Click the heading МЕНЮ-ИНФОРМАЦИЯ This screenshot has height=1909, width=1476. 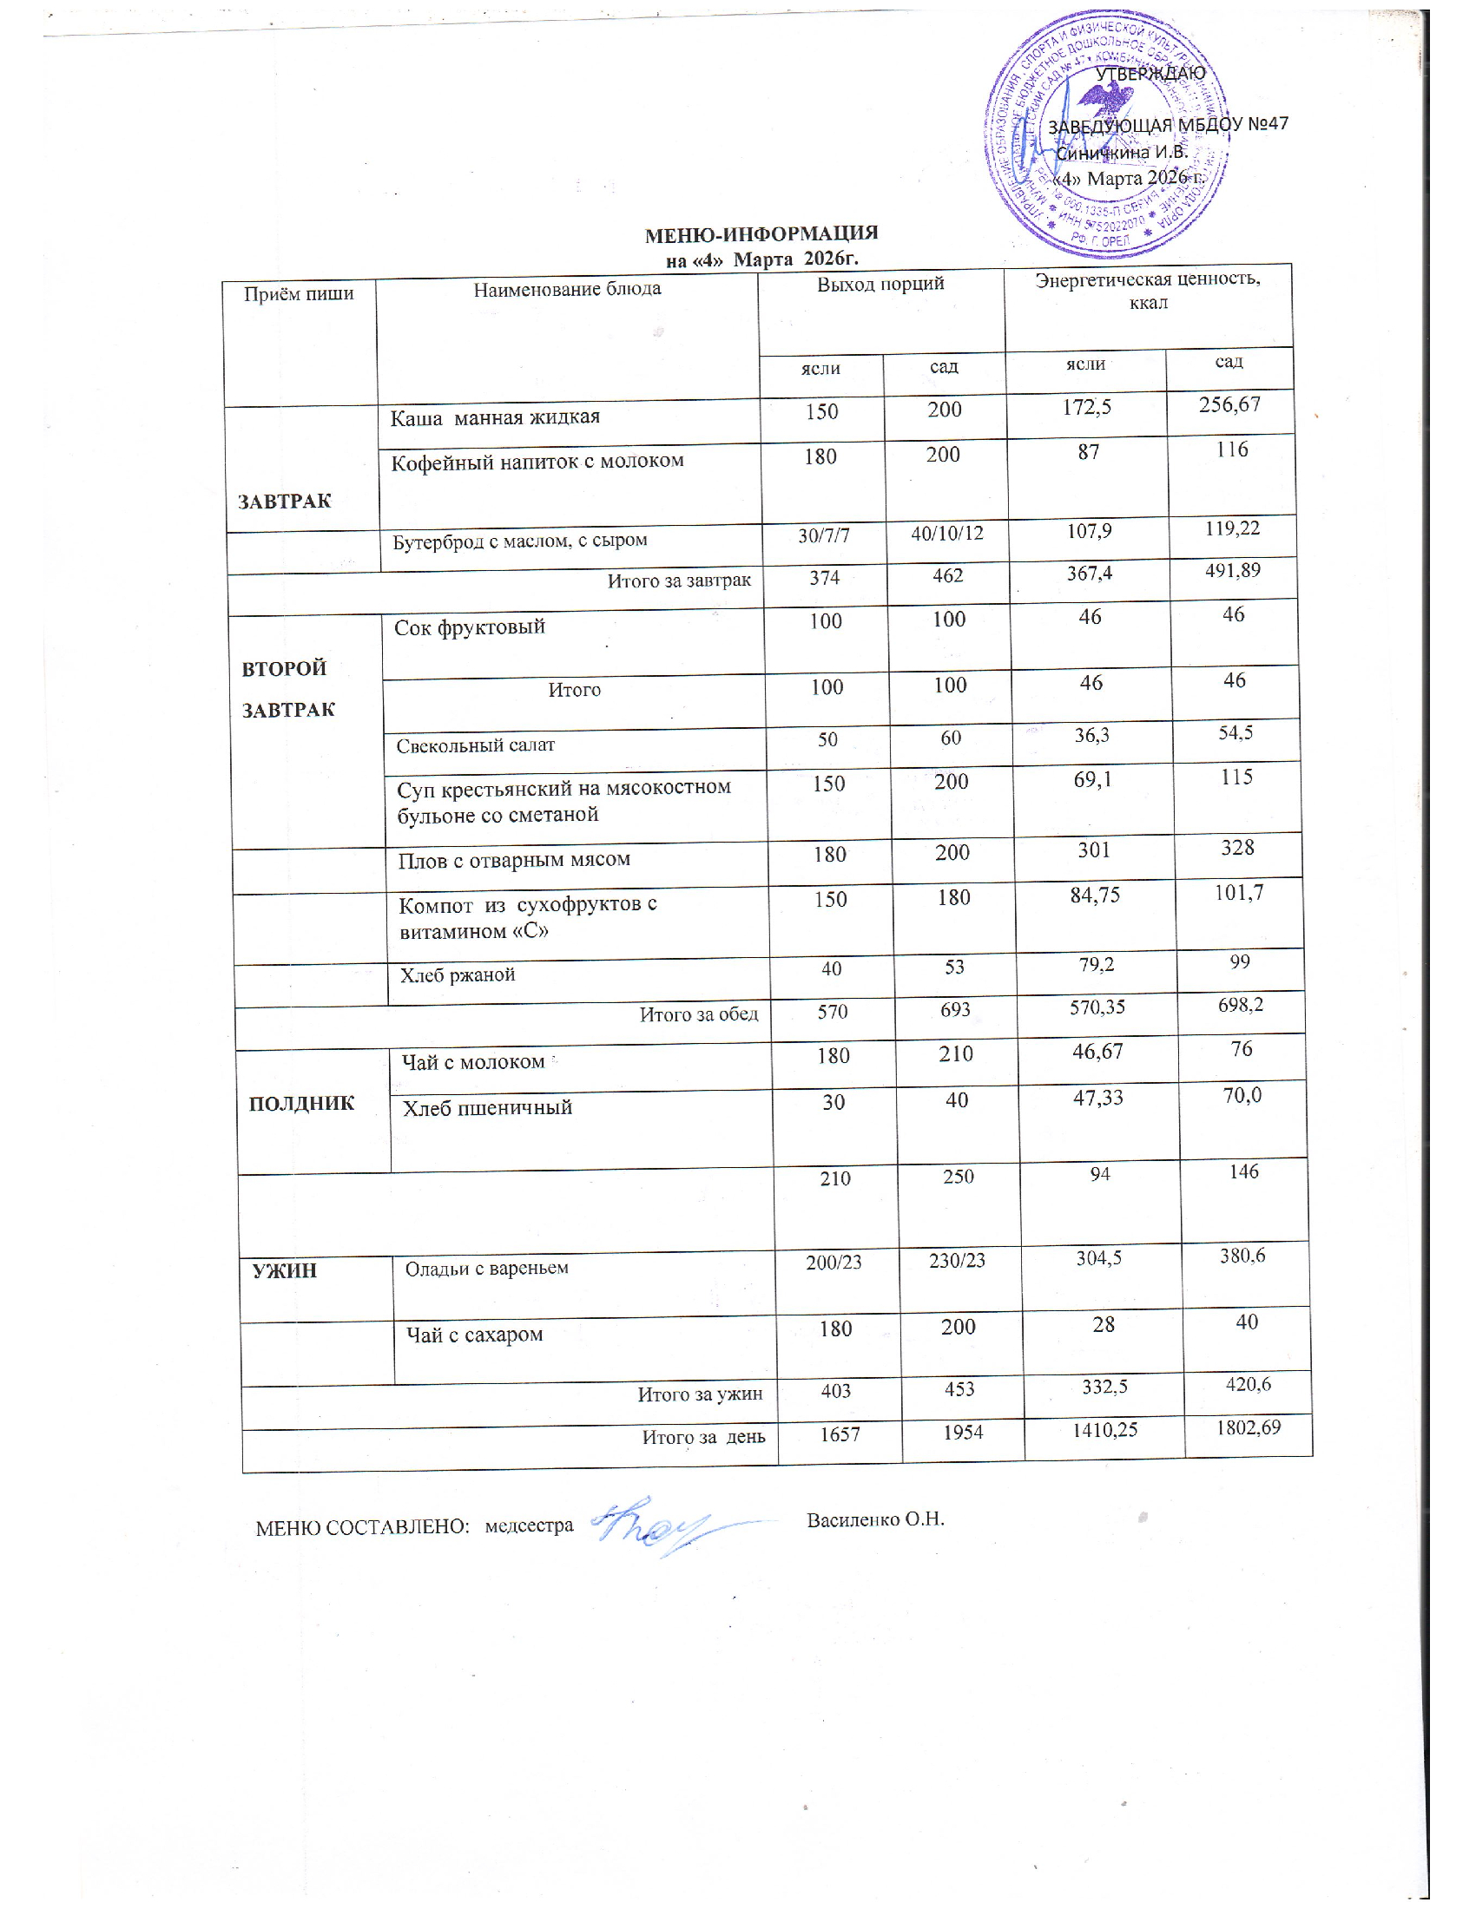click(x=761, y=234)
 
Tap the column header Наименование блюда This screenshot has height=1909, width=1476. click(x=567, y=289)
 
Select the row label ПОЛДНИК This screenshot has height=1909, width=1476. click(x=301, y=1103)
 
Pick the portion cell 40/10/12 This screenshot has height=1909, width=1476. click(x=947, y=531)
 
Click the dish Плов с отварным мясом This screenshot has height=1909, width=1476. click(x=514, y=859)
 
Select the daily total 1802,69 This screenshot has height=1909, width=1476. click(x=1248, y=1427)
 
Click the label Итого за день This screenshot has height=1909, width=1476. click(x=704, y=1436)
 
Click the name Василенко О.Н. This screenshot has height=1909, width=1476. click(x=875, y=1519)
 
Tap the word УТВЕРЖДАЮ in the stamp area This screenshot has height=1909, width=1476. click(x=1150, y=74)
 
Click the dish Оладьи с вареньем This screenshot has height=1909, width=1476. click(x=486, y=1268)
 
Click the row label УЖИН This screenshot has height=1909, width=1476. click(x=284, y=1271)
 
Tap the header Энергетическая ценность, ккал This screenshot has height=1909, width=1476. click(x=1147, y=291)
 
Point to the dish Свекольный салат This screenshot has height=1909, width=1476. click(x=476, y=745)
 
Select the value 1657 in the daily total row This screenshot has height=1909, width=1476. click(x=840, y=1433)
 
